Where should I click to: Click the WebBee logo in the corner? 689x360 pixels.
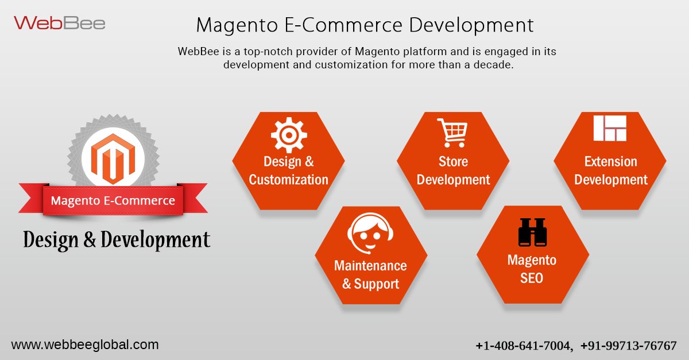coord(60,23)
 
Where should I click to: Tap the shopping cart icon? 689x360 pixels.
coord(452,133)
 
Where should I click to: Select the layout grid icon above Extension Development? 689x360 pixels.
coord(610,128)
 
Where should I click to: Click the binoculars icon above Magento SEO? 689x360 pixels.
coord(532,233)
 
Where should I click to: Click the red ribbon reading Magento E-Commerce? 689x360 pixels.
coord(113,201)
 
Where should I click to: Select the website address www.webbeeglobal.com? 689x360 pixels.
coord(85,345)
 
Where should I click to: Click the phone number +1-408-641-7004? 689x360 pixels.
coord(524,346)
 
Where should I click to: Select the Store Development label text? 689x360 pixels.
coord(453,171)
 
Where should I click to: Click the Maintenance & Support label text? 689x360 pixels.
coord(370,275)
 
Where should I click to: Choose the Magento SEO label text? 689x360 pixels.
coord(532,269)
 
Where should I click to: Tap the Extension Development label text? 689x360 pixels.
coord(610,171)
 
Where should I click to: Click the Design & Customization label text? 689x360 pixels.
coord(288,171)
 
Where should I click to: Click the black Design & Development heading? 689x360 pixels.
coord(117,240)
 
